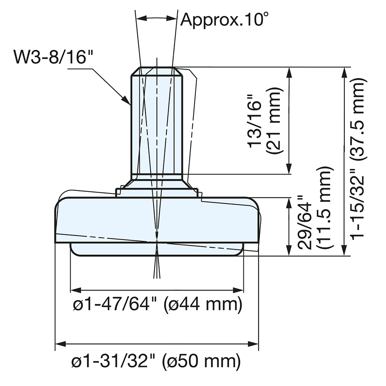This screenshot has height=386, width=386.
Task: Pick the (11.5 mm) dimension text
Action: click(324, 208)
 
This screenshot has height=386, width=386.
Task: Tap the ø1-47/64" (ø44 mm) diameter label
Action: click(157, 305)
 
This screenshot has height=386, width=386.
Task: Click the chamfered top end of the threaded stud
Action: click(157, 71)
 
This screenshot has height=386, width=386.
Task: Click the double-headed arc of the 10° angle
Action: click(156, 18)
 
